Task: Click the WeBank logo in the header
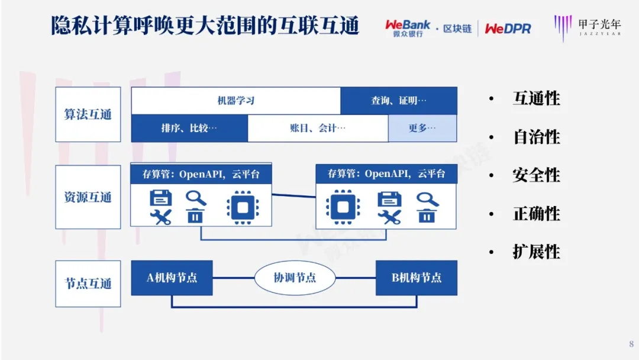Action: [x=408, y=28]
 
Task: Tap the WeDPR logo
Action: [x=508, y=28]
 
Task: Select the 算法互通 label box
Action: [x=88, y=114]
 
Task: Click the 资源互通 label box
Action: [x=88, y=197]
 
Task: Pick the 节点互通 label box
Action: [x=88, y=284]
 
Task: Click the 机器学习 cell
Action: [x=236, y=100]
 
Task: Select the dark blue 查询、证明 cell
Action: [x=399, y=100]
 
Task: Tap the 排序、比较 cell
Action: [x=189, y=128]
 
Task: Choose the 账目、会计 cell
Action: [x=318, y=128]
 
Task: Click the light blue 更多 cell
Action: [x=422, y=128]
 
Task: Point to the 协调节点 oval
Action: [x=295, y=278]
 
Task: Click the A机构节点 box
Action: [x=172, y=278]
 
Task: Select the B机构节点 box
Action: [x=417, y=278]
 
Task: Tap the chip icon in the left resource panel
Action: [x=243, y=207]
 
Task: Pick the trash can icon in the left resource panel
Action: [x=195, y=216]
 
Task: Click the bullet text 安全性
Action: [x=536, y=175]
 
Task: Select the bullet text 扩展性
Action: [x=536, y=252]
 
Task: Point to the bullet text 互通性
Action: [x=536, y=98]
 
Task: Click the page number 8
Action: [x=631, y=343]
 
